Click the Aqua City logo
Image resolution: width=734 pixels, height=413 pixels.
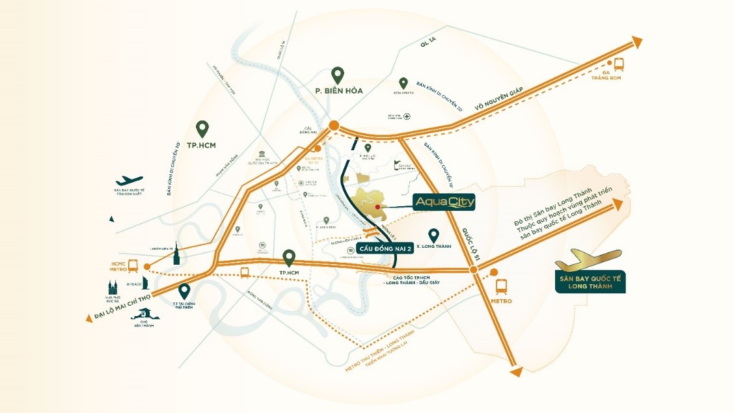click(x=445, y=204)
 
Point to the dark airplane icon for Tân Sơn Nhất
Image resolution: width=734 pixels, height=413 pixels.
click(x=129, y=180)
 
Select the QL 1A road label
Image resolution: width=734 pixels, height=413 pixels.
click(x=427, y=44)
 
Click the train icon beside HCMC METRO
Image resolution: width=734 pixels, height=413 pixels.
click(x=134, y=265)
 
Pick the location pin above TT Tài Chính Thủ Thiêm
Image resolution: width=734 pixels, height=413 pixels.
click(x=185, y=291)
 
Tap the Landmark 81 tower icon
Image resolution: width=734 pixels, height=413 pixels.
click(x=176, y=254)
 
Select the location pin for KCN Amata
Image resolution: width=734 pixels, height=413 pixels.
click(x=403, y=83)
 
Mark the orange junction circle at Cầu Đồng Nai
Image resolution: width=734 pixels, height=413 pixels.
click(x=334, y=125)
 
